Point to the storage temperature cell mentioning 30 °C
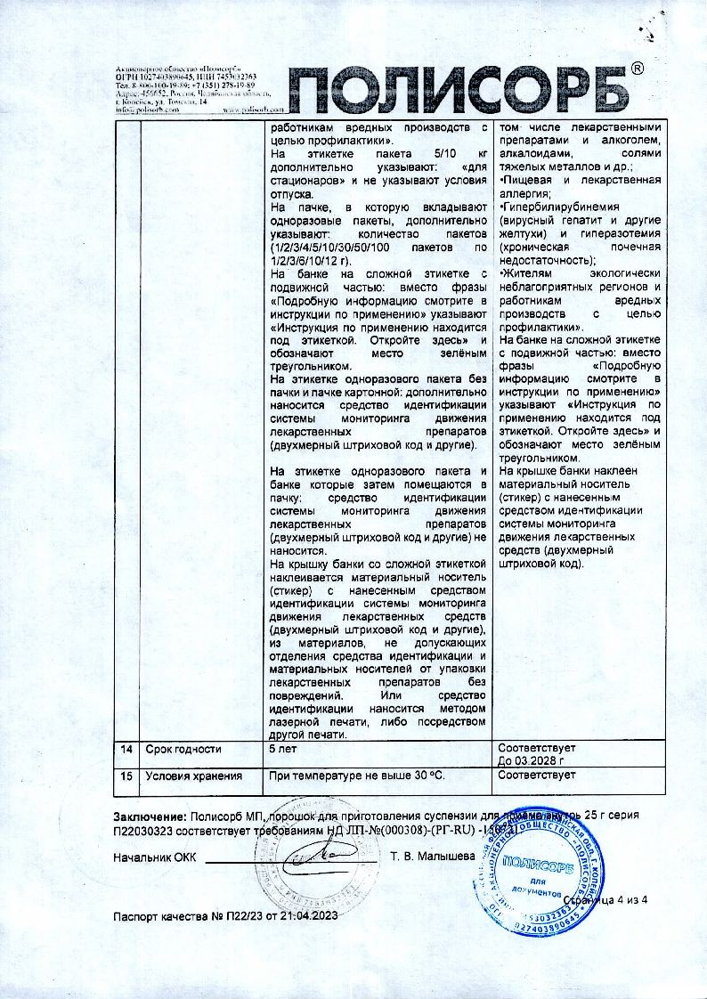[x=356, y=776]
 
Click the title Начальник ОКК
[x=153, y=857]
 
